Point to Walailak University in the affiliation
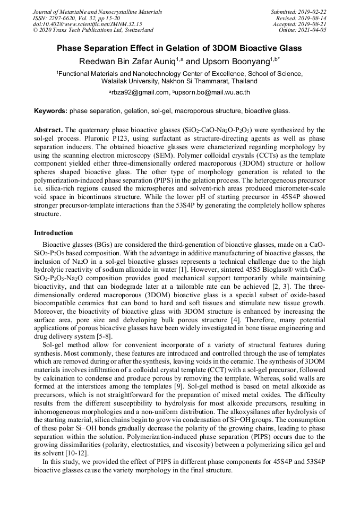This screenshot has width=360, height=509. (132, 81)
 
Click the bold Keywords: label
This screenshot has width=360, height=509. (50, 111)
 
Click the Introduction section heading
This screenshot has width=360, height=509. (53, 233)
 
